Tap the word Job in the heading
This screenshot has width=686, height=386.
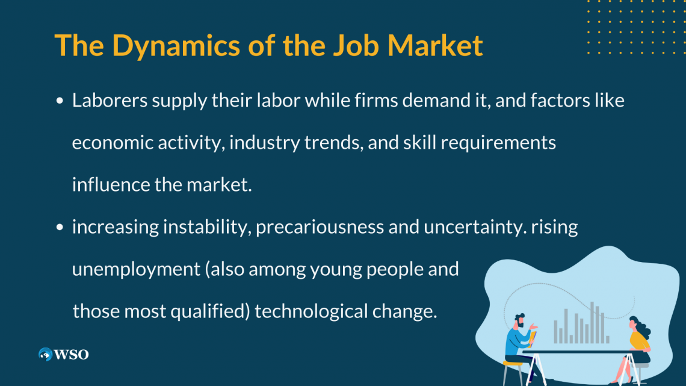click(x=356, y=45)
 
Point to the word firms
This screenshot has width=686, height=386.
click(x=376, y=101)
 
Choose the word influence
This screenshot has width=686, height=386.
click(x=111, y=184)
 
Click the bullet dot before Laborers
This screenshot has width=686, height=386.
click(x=60, y=101)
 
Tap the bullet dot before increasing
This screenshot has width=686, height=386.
click(x=60, y=227)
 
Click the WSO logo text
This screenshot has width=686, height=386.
click(x=71, y=355)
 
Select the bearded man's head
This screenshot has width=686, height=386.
click(x=520, y=321)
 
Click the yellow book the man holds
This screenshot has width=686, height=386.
click(x=532, y=339)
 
